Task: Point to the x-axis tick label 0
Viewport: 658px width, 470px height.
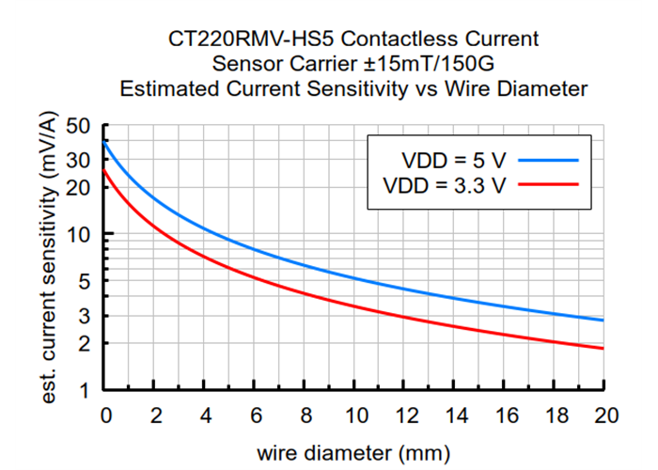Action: (105, 415)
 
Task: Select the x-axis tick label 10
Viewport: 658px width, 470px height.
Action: (355, 415)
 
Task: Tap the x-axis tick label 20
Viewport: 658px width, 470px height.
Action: (605, 415)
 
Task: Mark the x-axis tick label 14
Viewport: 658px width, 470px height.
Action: (455, 415)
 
